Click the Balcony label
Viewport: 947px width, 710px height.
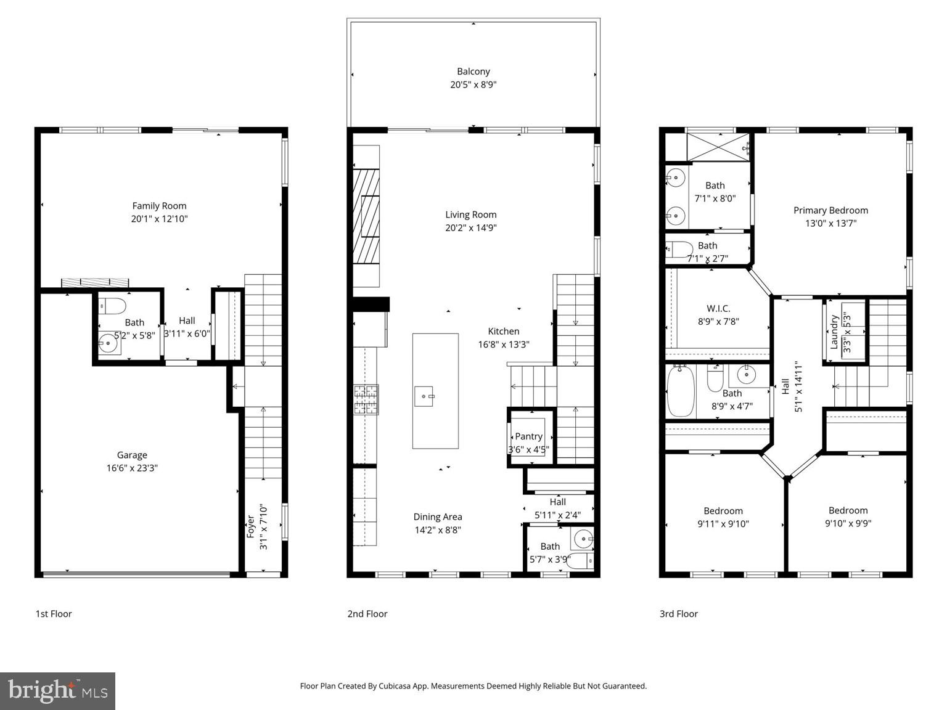tap(473, 71)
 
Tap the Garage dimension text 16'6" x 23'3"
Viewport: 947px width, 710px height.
tap(132, 468)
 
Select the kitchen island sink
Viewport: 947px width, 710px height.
tap(424, 395)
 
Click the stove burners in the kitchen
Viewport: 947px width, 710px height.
tap(366, 399)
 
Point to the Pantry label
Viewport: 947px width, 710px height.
tap(528, 436)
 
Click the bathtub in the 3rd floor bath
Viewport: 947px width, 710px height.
tap(681, 391)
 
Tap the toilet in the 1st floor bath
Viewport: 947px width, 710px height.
tap(114, 306)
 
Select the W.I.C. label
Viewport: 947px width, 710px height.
tap(718, 308)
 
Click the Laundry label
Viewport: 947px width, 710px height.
tap(834, 332)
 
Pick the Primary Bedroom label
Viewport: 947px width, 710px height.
tap(830, 210)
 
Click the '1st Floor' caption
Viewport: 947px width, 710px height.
tap(54, 614)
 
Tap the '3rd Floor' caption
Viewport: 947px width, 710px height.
tap(679, 614)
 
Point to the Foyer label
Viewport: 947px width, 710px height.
tap(251, 526)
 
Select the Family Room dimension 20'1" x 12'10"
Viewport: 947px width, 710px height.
tap(159, 219)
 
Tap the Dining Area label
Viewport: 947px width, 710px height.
tap(437, 516)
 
